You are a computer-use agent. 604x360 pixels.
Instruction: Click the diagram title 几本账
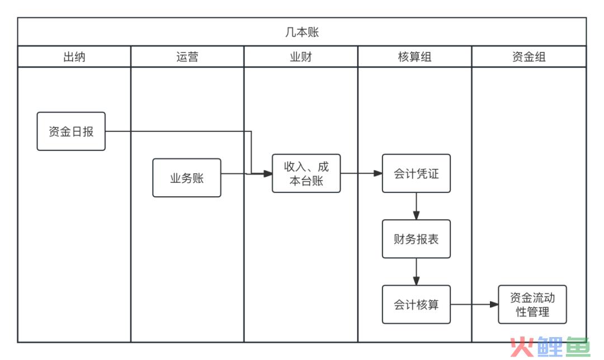(x=302, y=32)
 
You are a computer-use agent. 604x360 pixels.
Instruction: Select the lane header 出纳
(x=74, y=57)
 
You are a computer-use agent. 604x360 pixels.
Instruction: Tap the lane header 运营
(x=187, y=57)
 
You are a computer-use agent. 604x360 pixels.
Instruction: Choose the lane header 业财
(x=301, y=57)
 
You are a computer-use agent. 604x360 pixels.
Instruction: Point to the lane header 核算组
(x=414, y=57)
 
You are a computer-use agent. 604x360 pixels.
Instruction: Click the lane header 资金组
(x=529, y=57)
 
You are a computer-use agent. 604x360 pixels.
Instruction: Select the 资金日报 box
(x=71, y=131)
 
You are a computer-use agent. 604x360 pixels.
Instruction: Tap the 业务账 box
(x=187, y=178)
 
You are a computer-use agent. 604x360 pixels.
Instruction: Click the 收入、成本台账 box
(x=306, y=173)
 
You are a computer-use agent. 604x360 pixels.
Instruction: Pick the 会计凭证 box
(x=416, y=173)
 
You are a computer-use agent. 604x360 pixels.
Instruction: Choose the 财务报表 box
(x=416, y=239)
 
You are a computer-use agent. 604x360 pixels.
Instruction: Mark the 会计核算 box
(x=416, y=304)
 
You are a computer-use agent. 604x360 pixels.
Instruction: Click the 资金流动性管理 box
(x=532, y=304)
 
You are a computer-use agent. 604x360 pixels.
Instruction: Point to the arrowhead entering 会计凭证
(x=378, y=173)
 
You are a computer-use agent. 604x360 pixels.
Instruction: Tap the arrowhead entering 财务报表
(x=416, y=215)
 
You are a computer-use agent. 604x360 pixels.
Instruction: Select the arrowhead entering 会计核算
(x=416, y=281)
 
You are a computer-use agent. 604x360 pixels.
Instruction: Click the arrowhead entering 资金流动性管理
(x=494, y=304)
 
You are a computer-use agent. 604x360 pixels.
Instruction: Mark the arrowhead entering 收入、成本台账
(x=268, y=174)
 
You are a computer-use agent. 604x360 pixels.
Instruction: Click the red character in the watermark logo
(x=522, y=347)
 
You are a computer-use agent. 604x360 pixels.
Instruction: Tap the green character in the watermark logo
(x=578, y=347)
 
